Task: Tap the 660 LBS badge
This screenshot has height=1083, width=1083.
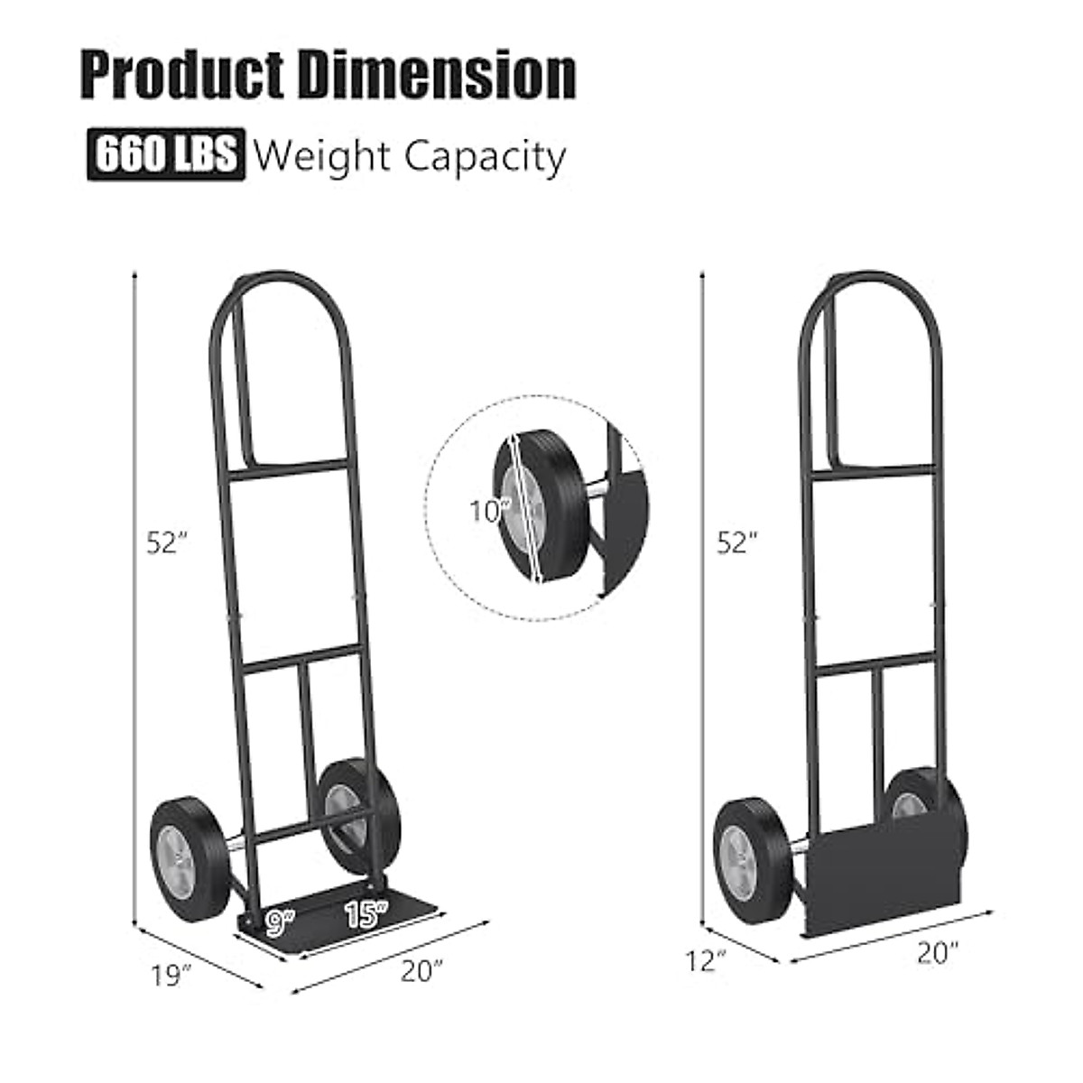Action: pos(166,156)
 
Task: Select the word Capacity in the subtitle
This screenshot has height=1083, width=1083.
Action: pos(485,157)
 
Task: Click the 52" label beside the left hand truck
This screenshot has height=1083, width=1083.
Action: pos(168,542)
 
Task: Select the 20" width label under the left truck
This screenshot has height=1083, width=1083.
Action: pos(422,971)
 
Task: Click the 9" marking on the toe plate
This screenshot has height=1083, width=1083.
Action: pos(281,921)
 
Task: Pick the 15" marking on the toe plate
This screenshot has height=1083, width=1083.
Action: pos(366,914)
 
